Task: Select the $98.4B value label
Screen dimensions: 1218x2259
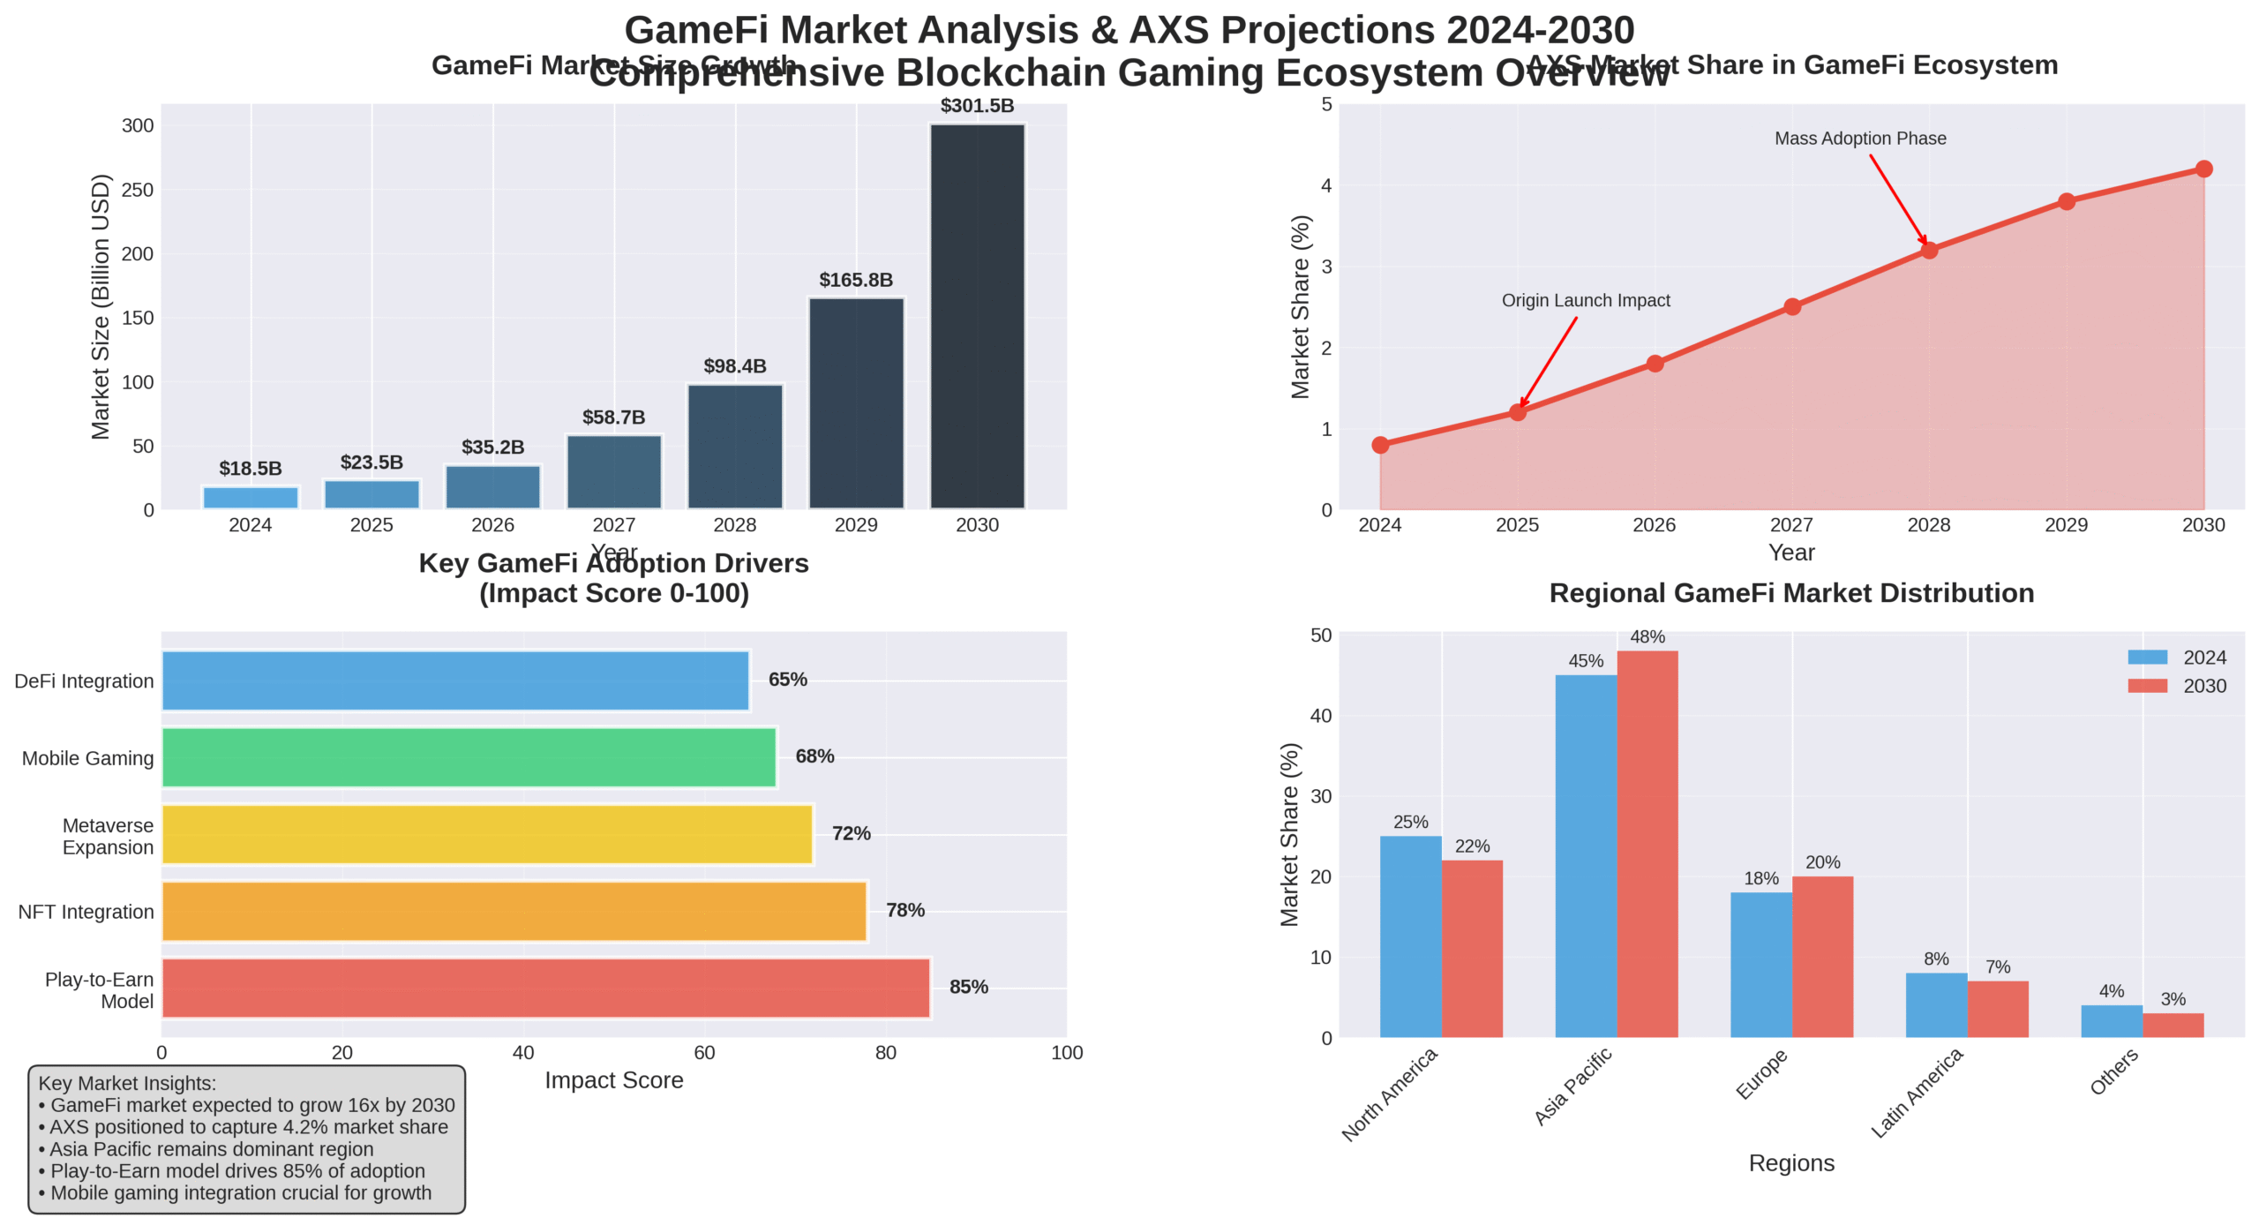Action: pos(734,366)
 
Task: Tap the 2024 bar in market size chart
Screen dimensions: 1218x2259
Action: pos(251,498)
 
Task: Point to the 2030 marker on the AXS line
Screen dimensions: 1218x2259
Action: pos(2203,169)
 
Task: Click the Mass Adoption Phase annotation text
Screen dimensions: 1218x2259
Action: pos(1859,139)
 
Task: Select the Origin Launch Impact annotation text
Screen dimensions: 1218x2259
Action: pos(1585,300)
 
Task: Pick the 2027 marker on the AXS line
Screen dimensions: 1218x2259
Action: pos(1791,307)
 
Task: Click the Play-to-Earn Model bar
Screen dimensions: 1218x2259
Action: pos(545,988)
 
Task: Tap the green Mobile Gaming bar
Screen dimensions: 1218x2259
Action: pos(469,757)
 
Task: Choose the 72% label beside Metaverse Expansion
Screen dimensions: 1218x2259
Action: pos(851,833)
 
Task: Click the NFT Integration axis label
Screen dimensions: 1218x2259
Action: pos(86,912)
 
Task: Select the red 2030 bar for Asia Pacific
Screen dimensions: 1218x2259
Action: pos(1647,844)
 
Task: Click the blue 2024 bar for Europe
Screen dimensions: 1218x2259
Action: pos(1760,965)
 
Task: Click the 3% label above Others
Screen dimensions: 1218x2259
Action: pos(2173,999)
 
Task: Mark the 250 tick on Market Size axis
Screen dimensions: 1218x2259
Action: pos(138,190)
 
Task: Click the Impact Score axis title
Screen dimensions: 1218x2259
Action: pos(613,1080)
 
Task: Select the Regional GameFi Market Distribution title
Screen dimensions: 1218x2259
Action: pos(1790,593)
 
